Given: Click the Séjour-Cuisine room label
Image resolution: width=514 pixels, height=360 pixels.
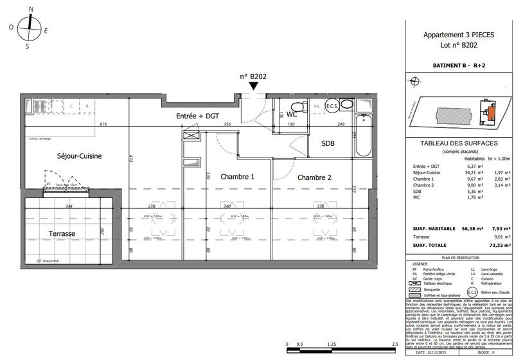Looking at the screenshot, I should click(64, 156).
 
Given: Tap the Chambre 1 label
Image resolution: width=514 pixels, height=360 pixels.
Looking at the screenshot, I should click(238, 177).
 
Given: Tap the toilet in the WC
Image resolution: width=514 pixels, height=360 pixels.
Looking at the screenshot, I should click(297, 107).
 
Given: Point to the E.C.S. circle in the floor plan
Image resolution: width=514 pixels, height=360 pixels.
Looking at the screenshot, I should click(332, 106).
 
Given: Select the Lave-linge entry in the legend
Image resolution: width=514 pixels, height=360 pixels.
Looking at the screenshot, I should click(483, 269).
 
